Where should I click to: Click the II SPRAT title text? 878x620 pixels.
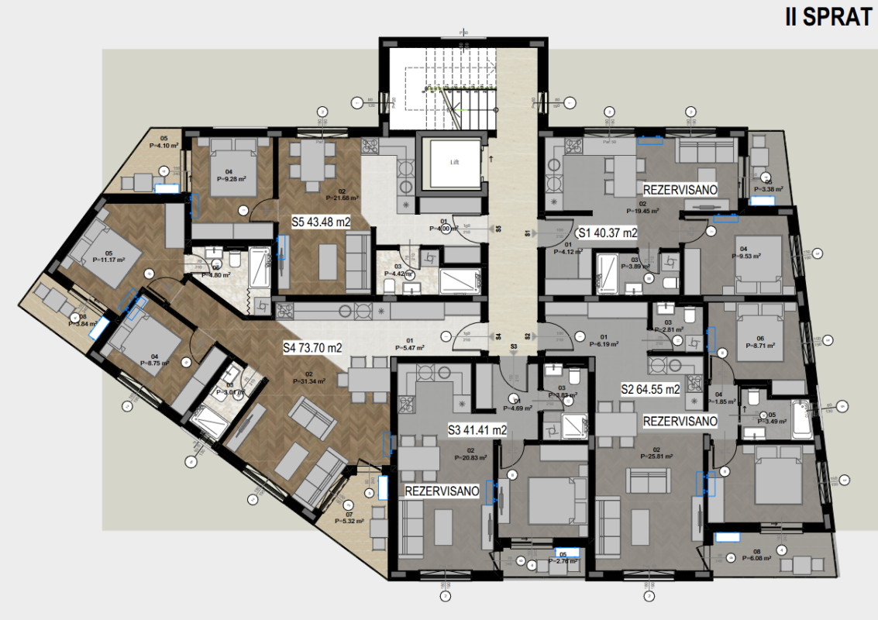(x=828, y=18)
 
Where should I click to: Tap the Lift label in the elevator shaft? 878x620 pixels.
(x=455, y=163)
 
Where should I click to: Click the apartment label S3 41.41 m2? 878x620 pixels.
(x=477, y=430)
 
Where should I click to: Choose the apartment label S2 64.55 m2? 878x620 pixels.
(x=651, y=390)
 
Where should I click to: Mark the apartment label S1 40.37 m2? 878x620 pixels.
(x=608, y=232)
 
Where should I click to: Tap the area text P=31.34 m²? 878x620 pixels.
(x=308, y=381)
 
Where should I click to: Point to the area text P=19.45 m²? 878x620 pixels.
(x=642, y=210)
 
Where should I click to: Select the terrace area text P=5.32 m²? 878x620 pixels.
(x=349, y=521)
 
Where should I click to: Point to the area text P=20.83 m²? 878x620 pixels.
(x=470, y=457)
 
